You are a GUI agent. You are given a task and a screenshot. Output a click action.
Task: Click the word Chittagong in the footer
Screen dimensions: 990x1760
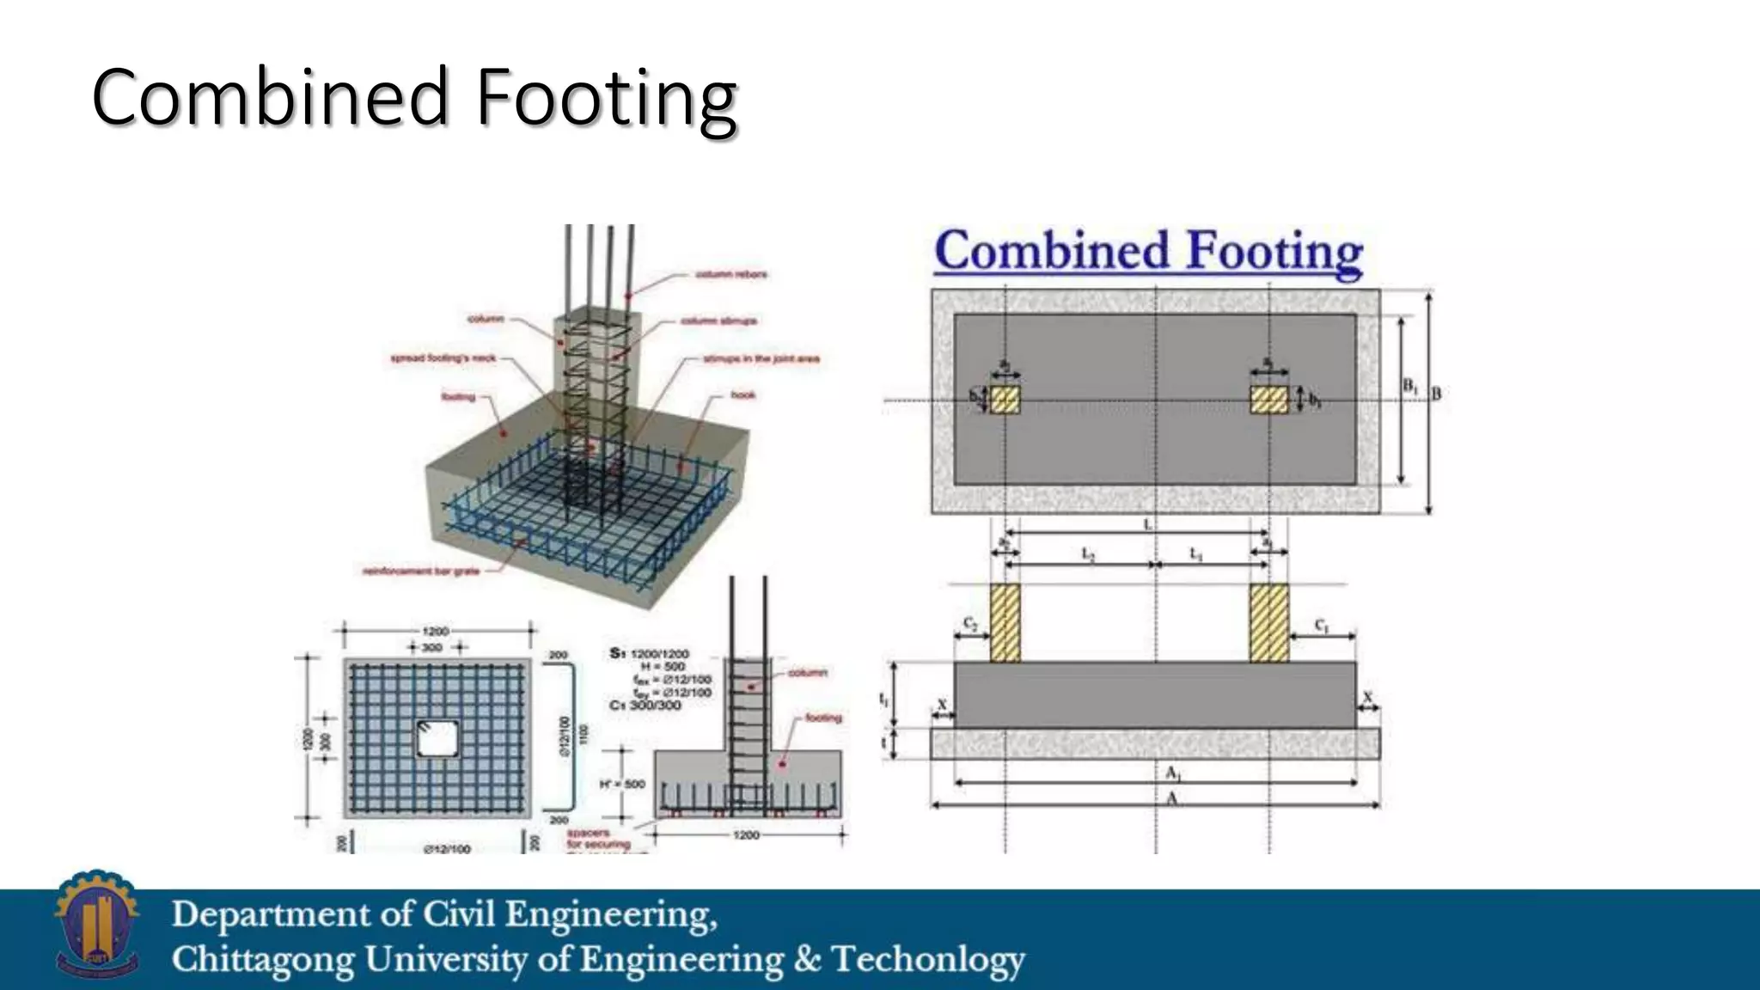point(261,960)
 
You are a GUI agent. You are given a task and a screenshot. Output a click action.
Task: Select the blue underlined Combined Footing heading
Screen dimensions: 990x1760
point(1148,251)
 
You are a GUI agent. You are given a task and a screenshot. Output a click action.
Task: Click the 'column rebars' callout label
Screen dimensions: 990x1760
point(730,275)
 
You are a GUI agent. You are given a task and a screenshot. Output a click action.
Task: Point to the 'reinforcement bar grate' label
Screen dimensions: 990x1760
point(421,571)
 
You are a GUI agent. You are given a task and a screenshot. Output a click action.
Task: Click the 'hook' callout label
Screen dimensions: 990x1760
point(743,395)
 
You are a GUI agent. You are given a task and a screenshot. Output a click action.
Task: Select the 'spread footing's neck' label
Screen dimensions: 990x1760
point(443,357)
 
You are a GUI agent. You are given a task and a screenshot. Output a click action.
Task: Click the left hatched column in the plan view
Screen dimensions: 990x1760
point(1005,400)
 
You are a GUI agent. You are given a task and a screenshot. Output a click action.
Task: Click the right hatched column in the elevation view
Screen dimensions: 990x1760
point(1268,623)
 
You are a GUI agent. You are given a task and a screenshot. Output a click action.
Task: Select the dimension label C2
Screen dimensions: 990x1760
point(970,623)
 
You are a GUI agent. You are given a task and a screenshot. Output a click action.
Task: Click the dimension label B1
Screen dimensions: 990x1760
point(1410,387)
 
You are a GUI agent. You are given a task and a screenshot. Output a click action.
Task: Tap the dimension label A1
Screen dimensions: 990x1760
point(1174,773)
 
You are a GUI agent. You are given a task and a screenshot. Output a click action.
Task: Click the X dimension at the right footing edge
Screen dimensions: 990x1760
point(1368,697)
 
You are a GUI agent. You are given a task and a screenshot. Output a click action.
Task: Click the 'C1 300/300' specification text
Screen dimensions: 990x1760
point(645,706)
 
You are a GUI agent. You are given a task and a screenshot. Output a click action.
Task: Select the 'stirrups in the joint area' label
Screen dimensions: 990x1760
point(761,358)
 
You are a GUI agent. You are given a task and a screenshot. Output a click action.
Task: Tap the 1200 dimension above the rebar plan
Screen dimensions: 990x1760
point(436,632)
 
